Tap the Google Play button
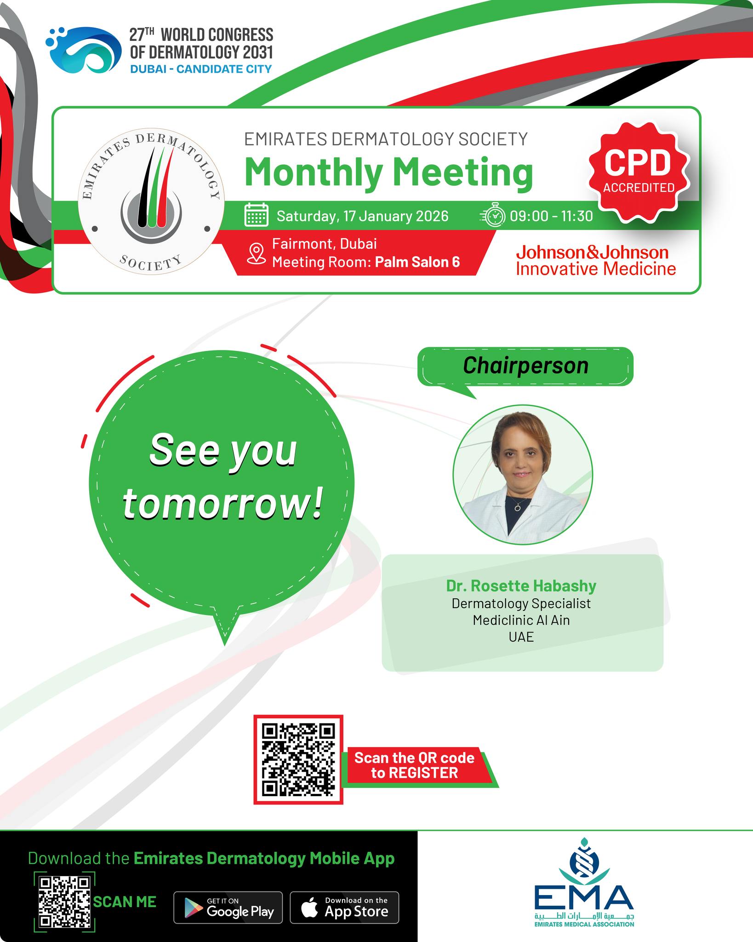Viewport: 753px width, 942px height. [x=228, y=908]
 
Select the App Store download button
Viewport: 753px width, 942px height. [x=344, y=908]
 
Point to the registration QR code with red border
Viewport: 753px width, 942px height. [x=298, y=759]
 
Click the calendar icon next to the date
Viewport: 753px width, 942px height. [x=256, y=215]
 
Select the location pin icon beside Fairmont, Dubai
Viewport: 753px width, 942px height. [x=256, y=253]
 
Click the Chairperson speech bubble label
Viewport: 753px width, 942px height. [x=525, y=366]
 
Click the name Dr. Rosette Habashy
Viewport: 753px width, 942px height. [x=521, y=586]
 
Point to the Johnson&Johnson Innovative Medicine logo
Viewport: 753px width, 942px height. [x=596, y=260]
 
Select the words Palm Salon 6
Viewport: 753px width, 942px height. [x=417, y=262]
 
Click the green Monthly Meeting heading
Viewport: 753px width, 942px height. [x=388, y=172]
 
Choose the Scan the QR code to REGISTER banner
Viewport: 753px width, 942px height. [x=415, y=765]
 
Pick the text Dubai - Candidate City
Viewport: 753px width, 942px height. [x=201, y=69]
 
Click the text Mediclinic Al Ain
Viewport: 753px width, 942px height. [x=521, y=620]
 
